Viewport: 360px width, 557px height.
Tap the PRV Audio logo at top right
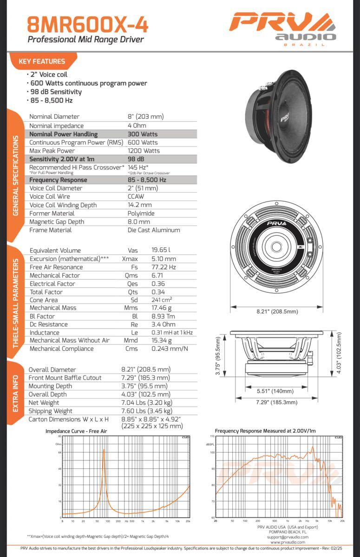[282, 28]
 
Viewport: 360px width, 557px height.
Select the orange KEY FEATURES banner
[42, 61]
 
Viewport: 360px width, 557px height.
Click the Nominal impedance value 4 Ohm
[137, 126]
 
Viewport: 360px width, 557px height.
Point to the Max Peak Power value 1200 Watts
[144, 151]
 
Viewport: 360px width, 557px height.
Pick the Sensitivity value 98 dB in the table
[136, 159]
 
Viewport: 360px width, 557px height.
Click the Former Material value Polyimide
[141, 214]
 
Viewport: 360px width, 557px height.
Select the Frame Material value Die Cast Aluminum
[154, 230]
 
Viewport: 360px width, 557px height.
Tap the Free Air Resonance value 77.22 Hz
[164, 267]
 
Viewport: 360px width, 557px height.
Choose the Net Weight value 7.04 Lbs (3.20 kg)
[147, 402]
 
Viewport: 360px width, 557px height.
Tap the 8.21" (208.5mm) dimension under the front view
[277, 311]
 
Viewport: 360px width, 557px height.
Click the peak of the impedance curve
[104, 450]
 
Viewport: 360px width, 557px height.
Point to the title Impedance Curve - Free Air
[76, 431]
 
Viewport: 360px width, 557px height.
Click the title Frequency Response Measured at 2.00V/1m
[265, 431]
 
